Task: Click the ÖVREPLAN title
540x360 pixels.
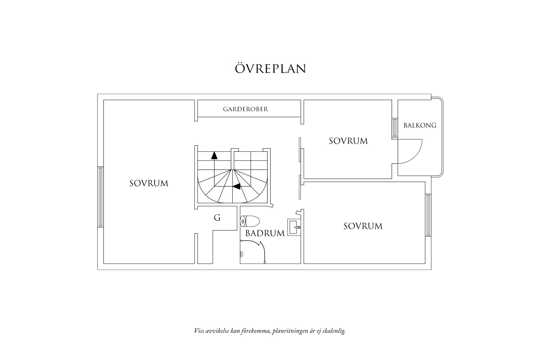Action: point(270,69)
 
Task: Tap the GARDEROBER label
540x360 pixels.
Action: point(245,109)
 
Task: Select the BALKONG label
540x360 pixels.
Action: point(420,125)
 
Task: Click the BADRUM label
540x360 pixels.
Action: point(265,233)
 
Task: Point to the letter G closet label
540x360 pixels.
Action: point(217,218)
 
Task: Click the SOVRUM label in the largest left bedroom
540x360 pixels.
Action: point(149,183)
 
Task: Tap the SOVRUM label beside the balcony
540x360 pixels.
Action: point(348,141)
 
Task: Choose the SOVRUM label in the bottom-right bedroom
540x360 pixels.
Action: point(363,226)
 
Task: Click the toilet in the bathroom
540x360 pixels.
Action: point(250,221)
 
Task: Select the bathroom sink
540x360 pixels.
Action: point(293,227)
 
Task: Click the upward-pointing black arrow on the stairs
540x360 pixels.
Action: point(214,155)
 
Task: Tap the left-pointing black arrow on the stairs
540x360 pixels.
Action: point(237,187)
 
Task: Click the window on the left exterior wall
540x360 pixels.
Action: point(100,197)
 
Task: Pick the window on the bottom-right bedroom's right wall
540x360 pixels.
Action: point(428,215)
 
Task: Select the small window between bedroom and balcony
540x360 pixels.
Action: point(395,128)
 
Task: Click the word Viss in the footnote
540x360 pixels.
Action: point(199,331)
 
